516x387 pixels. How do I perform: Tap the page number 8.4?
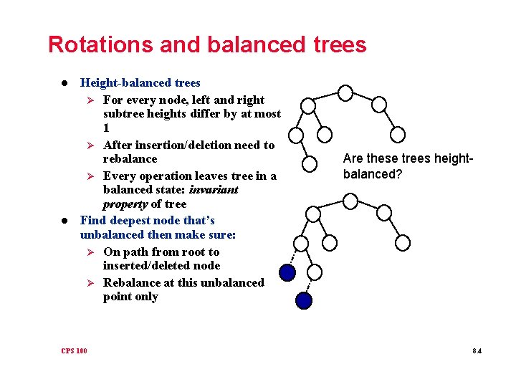[x=477, y=350]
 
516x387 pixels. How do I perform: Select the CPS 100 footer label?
[x=75, y=350]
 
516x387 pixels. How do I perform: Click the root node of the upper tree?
[x=345, y=92]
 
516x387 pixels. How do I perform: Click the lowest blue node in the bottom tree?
[x=305, y=300]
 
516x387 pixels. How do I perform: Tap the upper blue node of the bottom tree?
[x=287, y=272]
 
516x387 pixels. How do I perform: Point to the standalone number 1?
[x=107, y=128]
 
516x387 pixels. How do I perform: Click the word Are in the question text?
[x=353, y=158]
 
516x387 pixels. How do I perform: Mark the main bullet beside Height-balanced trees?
[x=65, y=84]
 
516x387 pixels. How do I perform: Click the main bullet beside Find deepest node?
[x=65, y=221]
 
